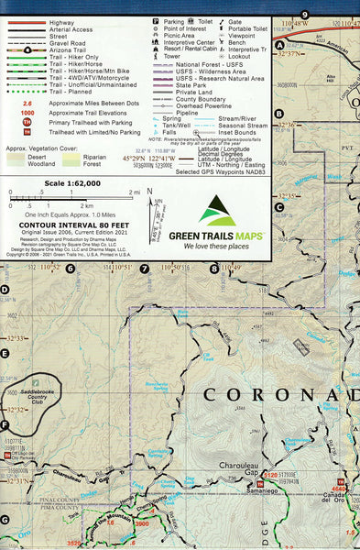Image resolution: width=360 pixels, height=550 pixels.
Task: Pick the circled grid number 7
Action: [144, 269]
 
